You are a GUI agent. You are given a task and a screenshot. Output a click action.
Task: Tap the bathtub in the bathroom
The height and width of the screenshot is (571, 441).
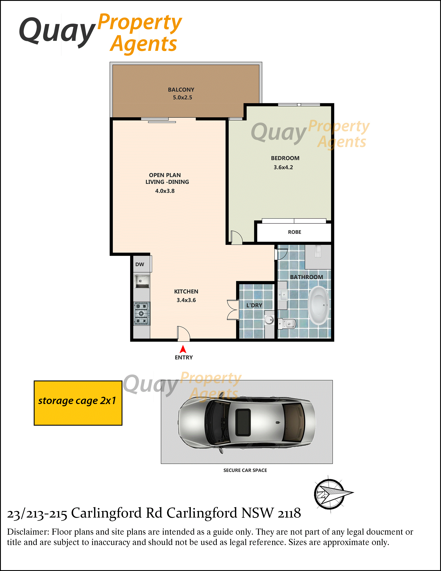318,305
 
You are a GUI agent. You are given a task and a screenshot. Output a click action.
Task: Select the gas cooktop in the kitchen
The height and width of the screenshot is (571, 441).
142,314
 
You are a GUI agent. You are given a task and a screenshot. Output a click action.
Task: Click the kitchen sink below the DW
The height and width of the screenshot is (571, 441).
142,281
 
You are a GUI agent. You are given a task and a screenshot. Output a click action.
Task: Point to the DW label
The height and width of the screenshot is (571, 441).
140,264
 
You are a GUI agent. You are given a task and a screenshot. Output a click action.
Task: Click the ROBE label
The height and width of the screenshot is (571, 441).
295,232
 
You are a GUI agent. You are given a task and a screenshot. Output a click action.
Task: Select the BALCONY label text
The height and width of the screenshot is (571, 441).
181,90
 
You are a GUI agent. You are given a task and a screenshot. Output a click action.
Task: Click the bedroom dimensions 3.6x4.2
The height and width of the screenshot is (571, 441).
283,167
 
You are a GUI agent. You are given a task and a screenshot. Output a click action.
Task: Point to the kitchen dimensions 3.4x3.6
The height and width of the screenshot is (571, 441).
186,300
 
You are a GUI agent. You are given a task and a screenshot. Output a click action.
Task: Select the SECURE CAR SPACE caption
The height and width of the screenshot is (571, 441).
245,470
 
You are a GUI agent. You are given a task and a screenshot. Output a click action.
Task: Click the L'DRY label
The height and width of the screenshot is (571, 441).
254,305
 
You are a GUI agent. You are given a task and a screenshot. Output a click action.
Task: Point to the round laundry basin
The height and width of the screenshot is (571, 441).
269,319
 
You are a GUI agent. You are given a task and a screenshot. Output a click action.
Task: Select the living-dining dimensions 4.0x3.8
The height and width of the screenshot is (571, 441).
165,191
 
